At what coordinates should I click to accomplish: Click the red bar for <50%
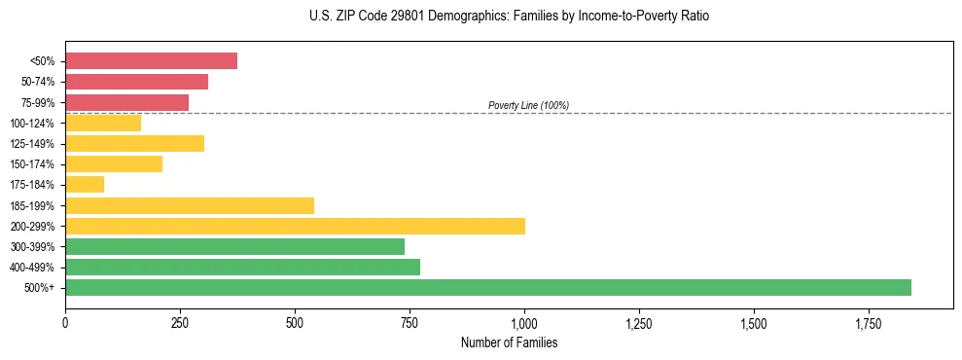151,61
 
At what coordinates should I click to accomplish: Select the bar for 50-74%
136,82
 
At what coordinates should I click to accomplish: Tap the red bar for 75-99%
126,102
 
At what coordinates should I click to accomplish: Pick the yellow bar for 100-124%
103,123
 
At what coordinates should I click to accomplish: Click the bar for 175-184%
85,184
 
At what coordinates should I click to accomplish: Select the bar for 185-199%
190,205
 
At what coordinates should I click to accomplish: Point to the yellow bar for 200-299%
295,226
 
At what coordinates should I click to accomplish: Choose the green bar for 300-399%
234,246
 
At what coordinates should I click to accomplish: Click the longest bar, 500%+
488,287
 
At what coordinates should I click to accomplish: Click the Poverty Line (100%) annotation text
528,105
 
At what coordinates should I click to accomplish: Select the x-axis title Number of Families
509,343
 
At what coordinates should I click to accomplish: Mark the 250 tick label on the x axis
180,322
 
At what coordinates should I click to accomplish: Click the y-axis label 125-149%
32,144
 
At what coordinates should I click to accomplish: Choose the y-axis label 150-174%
32,164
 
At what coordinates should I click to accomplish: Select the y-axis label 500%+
40,288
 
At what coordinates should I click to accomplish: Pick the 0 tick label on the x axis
65,322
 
